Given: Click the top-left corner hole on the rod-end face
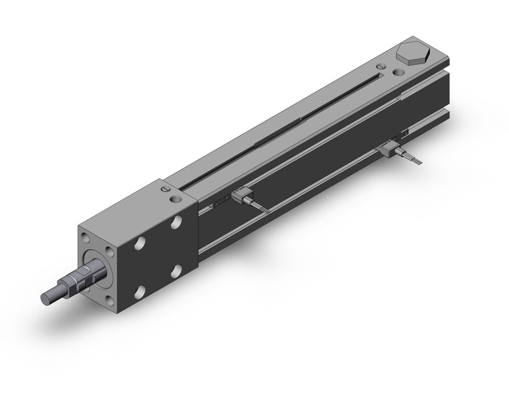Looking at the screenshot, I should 84,236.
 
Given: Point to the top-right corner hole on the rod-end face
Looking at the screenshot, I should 110,248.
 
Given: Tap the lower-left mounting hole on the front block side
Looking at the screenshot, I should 140,291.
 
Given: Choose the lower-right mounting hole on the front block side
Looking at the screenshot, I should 176,270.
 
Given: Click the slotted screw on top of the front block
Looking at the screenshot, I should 165,190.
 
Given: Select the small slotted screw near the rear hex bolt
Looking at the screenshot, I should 381,66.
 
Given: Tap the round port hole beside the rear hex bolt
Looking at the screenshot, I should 398,72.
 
